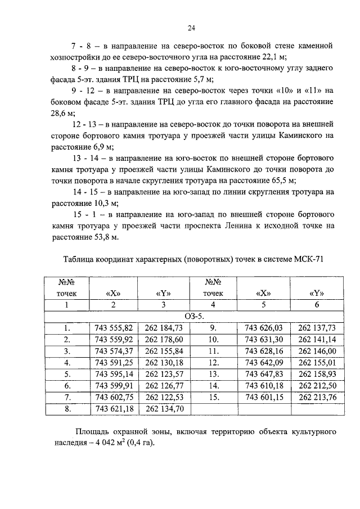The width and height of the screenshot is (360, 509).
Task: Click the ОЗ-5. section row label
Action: [x=193, y=316]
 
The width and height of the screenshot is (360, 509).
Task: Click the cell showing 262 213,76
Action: [x=317, y=398]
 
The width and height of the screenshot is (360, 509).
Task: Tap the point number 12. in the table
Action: [x=213, y=363]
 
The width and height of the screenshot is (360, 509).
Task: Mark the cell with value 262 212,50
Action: [x=317, y=386]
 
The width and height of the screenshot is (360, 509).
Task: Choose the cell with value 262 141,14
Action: [x=317, y=339]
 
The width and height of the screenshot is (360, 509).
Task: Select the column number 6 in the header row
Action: [x=317, y=304]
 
